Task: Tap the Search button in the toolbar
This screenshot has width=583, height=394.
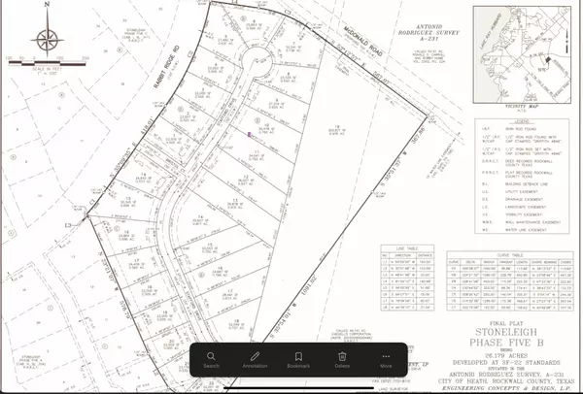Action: [x=211, y=360]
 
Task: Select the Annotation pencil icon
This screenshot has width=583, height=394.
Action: [x=256, y=360]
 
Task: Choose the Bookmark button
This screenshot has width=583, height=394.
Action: [x=298, y=360]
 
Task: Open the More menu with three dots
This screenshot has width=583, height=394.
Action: [x=386, y=360]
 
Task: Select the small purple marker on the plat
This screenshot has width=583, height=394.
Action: [x=250, y=134]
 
